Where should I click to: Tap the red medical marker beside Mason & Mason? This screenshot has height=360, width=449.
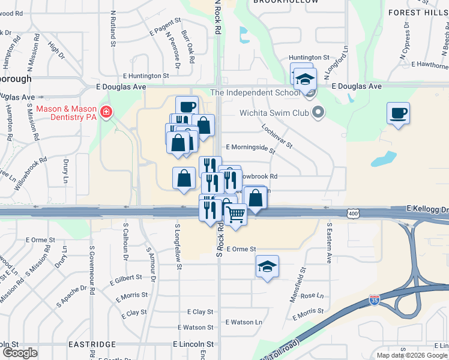[106, 112]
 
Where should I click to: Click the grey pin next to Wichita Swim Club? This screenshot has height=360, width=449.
[319, 112]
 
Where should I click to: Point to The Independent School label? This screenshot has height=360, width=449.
[255, 92]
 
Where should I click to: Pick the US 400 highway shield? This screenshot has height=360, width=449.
[354, 213]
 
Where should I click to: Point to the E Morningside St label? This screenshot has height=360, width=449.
[250, 147]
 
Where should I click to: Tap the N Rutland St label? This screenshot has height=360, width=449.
[113, 28]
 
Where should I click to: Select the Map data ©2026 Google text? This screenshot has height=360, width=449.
[412, 355]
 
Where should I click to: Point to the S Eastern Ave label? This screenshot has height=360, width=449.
[330, 242]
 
